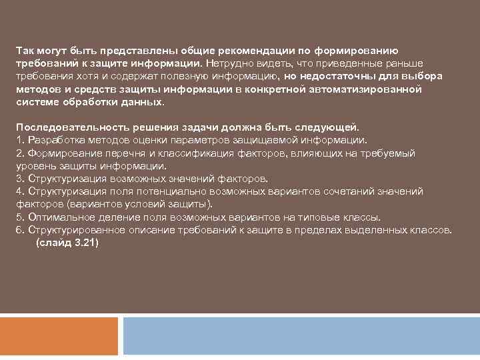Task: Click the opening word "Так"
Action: pos(25,51)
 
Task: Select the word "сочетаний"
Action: pos(346,191)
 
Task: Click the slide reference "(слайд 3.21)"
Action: pos(67,243)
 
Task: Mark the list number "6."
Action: pos(20,230)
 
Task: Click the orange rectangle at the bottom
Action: pos(59,336)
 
